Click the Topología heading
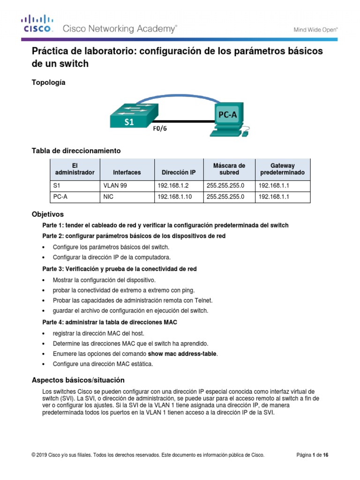click(x=48, y=82)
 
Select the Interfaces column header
click(x=127, y=172)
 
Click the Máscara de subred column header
click(x=229, y=169)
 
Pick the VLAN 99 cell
click(x=115, y=186)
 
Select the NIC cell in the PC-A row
click(x=108, y=197)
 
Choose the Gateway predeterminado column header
click(x=282, y=169)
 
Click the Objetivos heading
click(x=47, y=214)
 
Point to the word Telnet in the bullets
click(x=209, y=300)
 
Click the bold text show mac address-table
click(x=182, y=354)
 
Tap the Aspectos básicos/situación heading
click(x=78, y=380)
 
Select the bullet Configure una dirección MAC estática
click(x=103, y=364)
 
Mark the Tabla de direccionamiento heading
click(x=76, y=150)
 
